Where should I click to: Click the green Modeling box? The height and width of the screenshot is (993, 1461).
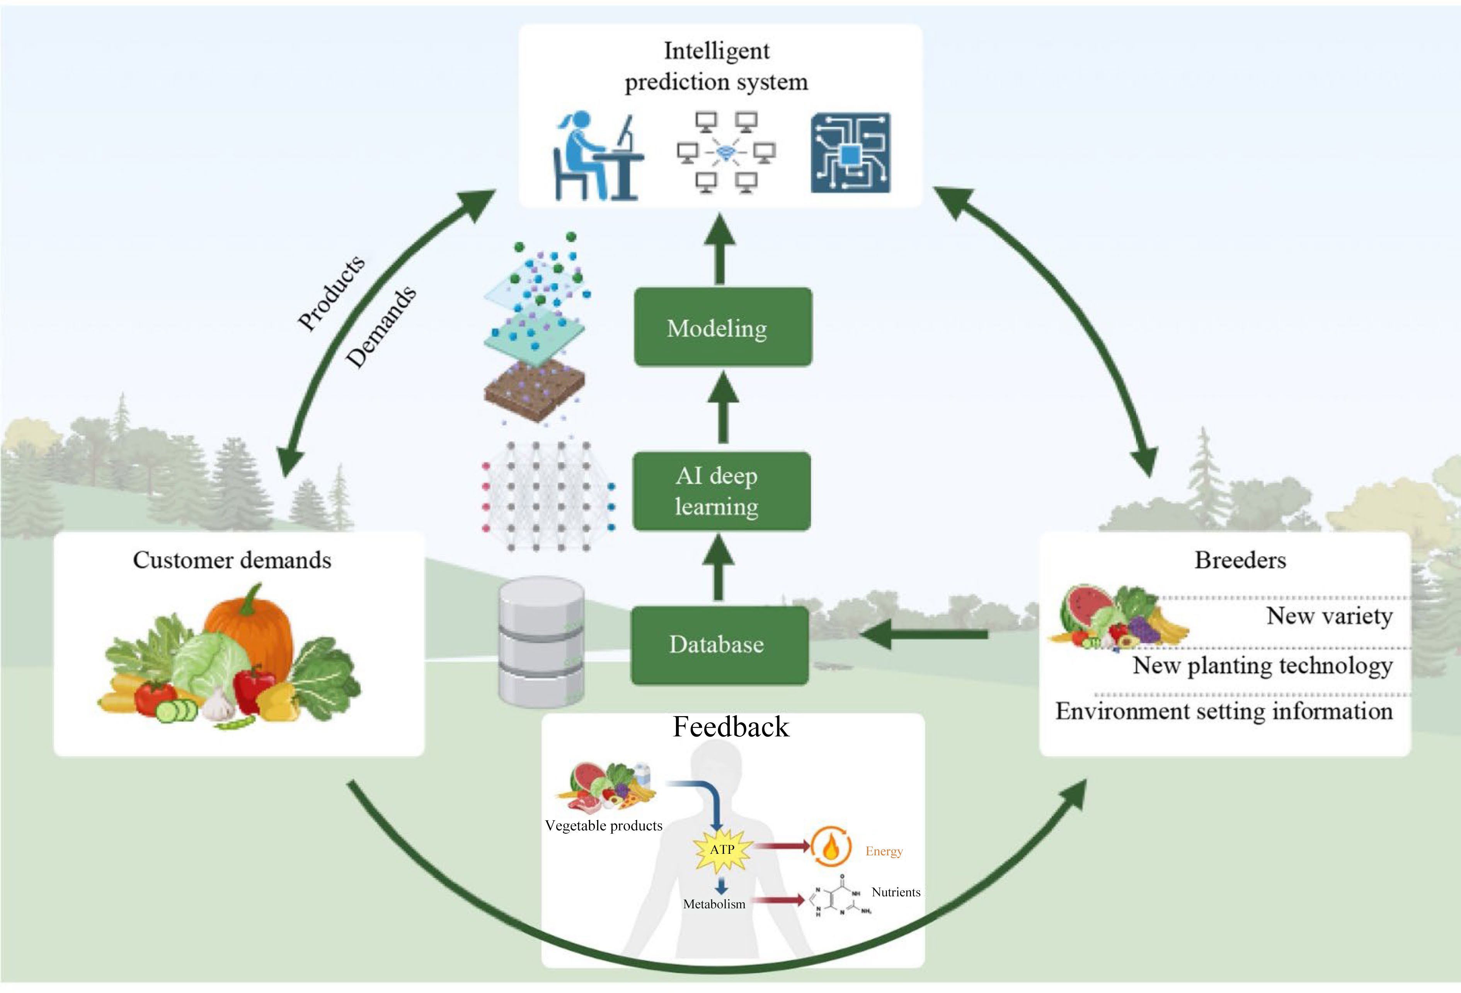[722, 328]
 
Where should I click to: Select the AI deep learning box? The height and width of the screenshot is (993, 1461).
[721, 491]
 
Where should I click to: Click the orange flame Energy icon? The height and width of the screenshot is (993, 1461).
[831, 848]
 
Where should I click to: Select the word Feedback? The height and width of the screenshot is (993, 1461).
[730, 727]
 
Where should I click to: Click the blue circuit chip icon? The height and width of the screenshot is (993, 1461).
[850, 153]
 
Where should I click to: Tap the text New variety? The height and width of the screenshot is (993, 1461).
[1328, 616]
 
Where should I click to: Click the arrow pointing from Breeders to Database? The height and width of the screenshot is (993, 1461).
[924, 635]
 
